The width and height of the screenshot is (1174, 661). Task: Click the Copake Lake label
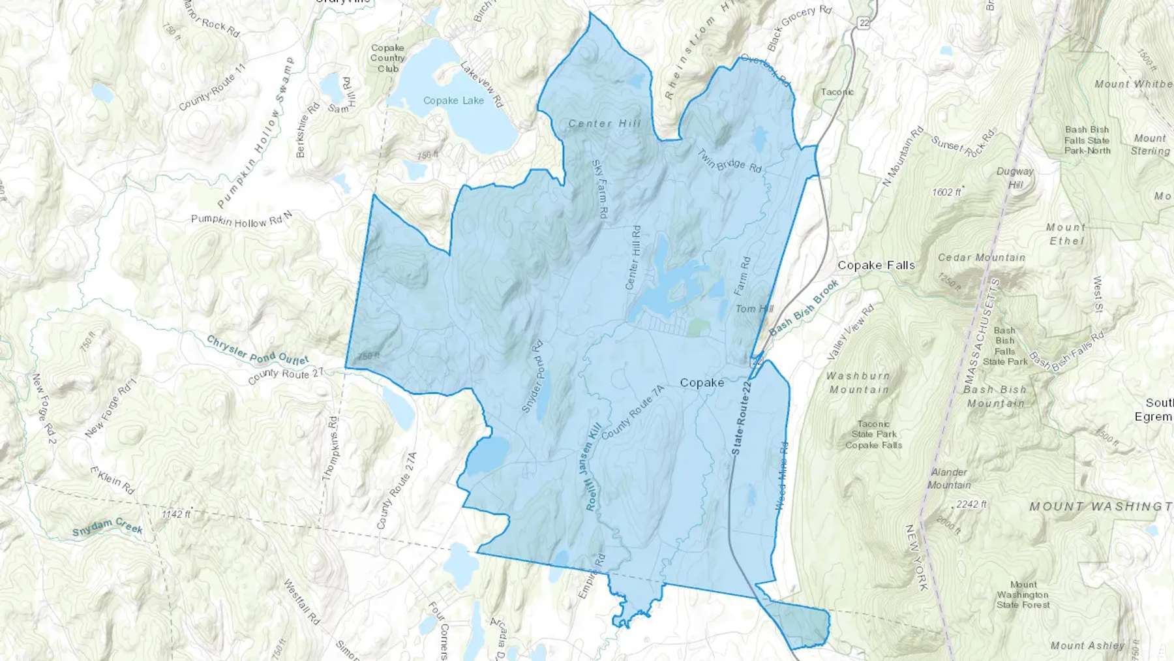point(453,100)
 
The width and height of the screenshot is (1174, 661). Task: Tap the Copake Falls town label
point(876,266)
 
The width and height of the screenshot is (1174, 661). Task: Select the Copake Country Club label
point(387,58)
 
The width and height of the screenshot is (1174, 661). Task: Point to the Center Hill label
point(605,123)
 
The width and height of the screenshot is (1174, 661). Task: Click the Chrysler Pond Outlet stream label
point(258,350)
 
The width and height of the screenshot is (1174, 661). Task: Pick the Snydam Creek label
point(108,526)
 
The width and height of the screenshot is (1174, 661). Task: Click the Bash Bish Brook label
point(804,308)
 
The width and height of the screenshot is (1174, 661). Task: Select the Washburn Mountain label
point(858,382)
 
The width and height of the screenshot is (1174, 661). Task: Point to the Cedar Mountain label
point(981,258)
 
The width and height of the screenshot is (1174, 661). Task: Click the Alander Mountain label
point(949,478)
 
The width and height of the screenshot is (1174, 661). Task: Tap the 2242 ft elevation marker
point(971,504)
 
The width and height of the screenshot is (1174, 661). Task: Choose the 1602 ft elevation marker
point(947,192)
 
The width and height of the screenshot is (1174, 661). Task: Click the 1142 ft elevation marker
point(176,514)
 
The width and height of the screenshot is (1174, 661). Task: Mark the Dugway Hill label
point(1015,177)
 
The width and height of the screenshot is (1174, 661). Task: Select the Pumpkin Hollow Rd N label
point(241,221)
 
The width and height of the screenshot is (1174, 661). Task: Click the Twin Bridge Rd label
point(729,161)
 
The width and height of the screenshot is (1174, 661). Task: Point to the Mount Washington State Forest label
point(1023,594)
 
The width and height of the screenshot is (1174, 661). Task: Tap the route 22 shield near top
point(864,23)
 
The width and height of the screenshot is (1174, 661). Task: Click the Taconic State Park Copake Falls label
point(873,435)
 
